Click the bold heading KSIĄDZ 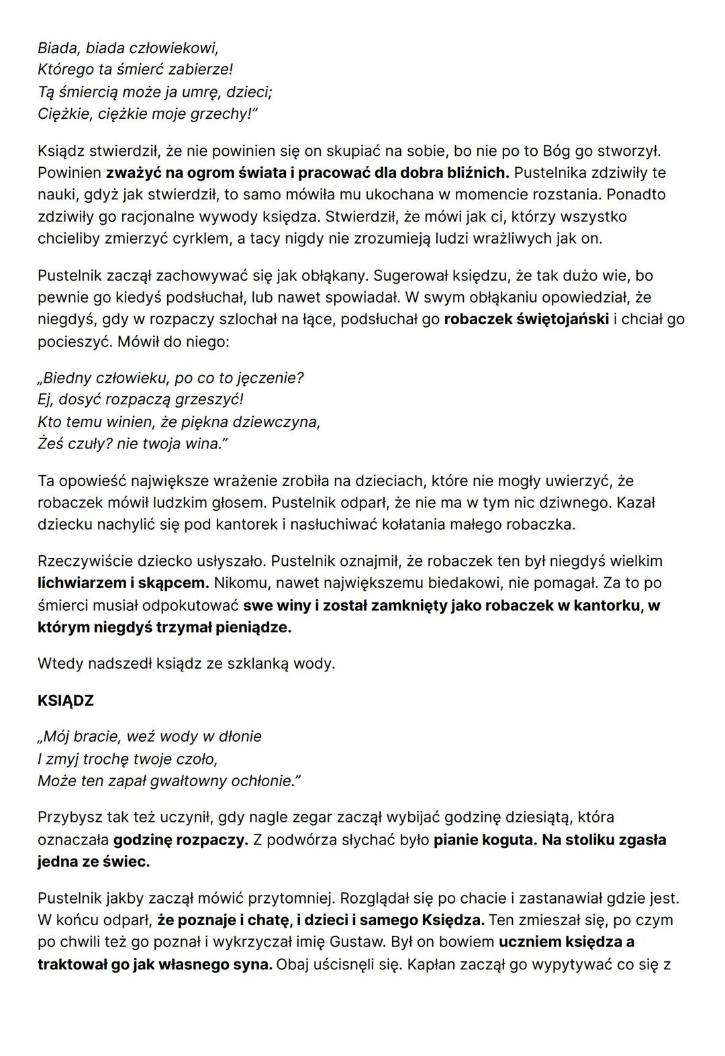pyautogui.click(x=66, y=701)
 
